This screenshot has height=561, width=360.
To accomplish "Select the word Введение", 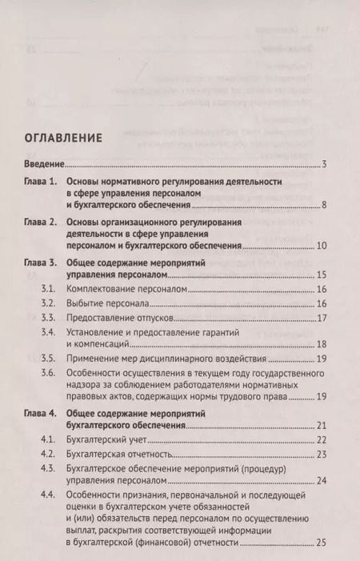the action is pos(43,164).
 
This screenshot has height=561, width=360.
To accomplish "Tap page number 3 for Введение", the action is pos(324,164).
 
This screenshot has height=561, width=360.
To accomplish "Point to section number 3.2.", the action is pos(47,304).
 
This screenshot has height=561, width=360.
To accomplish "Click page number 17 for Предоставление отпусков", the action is pos(322,321).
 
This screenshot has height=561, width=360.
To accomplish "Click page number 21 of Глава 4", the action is pos(322,426).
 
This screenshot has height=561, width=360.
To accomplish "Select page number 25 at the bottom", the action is pos(322,545).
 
